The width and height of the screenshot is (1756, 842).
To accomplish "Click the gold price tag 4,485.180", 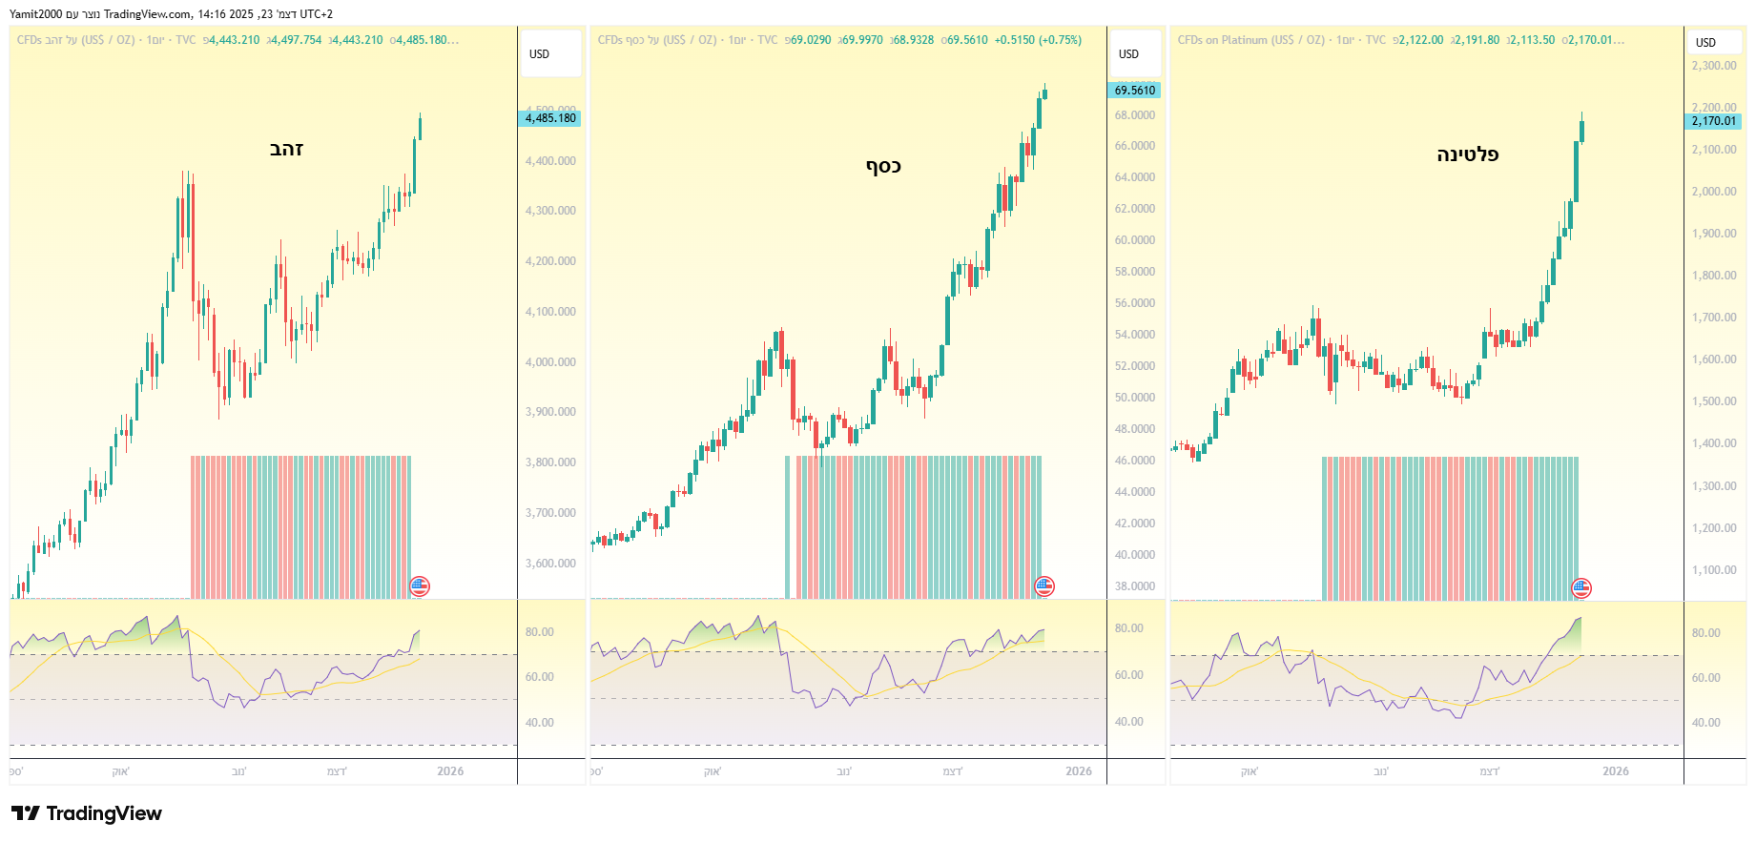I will [550, 118].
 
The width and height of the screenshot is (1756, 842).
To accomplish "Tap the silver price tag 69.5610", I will [1134, 91].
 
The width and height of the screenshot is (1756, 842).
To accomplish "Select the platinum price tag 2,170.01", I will [1713, 121].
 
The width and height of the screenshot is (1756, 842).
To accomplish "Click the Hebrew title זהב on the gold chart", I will [286, 149].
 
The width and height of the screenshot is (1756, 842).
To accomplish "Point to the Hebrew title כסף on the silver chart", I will [883, 166].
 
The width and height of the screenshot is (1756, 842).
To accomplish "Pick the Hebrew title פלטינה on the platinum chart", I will [1467, 154].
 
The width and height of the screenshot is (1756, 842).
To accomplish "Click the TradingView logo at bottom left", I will [87, 813].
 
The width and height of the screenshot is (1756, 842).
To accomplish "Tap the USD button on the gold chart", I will [540, 54].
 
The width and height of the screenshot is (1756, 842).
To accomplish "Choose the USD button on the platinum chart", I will [1705, 43].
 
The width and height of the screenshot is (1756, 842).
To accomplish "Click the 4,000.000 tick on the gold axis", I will [550, 362].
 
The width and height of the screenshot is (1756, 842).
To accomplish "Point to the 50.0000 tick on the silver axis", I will [1134, 398].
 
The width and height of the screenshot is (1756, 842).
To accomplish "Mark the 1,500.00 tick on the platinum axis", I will [1713, 401].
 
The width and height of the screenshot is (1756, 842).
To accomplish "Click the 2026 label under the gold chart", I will [450, 771].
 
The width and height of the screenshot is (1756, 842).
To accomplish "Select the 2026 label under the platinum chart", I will [1615, 771].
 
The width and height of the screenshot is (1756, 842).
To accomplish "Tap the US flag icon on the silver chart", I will [1044, 586].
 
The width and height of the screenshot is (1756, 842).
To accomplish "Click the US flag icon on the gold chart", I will [420, 586].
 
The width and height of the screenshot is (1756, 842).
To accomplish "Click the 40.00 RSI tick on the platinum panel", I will [1705, 723].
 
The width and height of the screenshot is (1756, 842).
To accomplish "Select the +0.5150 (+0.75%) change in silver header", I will [1038, 40].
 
